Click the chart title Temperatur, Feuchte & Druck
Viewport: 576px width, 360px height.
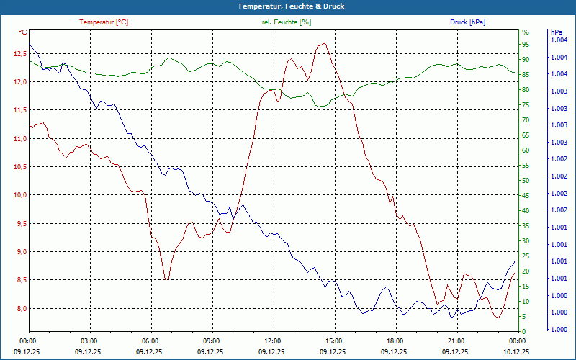[288, 6]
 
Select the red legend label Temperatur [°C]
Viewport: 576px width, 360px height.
[104, 22]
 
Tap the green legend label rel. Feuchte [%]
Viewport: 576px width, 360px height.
[287, 22]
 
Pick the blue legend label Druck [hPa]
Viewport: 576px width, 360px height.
[467, 22]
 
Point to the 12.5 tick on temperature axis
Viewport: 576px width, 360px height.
[19, 53]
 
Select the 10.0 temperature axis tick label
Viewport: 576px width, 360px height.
[19, 195]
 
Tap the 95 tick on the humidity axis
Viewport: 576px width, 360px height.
[526, 44]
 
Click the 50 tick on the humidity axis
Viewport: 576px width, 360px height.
[526, 181]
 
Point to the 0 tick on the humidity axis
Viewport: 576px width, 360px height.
[523, 332]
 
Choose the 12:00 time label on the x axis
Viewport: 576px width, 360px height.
[273, 341]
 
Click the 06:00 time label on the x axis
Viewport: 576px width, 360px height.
[150, 341]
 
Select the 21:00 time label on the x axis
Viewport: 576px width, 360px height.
[456, 341]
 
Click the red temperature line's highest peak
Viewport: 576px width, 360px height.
[325, 43]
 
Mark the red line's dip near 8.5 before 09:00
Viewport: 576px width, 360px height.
[166, 279]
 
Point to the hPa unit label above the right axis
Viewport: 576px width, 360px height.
[557, 32]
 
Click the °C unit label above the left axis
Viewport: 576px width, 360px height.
[23, 32]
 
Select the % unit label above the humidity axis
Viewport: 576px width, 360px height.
[525, 32]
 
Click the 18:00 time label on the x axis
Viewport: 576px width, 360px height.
[395, 341]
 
